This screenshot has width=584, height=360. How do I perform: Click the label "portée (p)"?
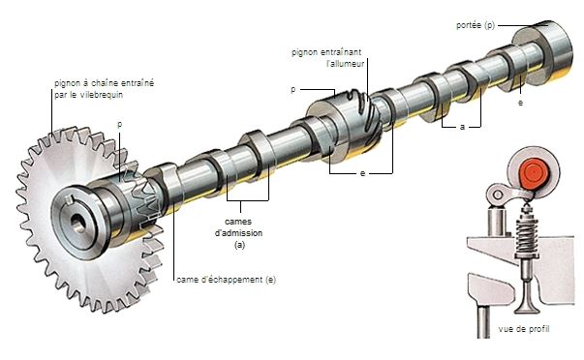point(476,25)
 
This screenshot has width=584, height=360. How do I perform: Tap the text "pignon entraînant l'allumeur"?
point(327,58)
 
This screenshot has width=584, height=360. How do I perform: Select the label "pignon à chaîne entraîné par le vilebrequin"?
point(104,89)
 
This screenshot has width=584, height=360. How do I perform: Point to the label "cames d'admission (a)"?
point(239,233)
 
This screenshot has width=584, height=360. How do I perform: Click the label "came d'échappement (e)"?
point(226,280)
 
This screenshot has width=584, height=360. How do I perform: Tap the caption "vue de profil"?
point(524,329)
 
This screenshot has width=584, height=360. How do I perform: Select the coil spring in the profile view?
point(527,234)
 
